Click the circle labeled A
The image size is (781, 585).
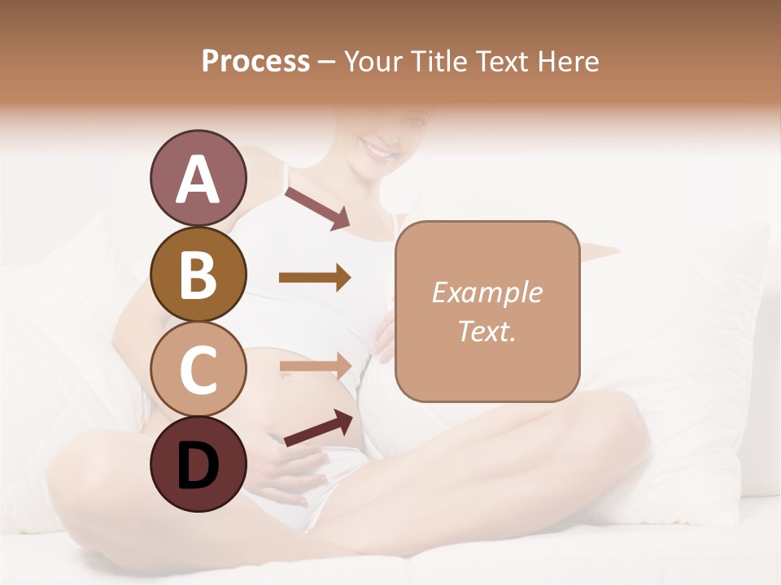(198, 178)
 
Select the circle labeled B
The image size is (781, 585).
(198, 275)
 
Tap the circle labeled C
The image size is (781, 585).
(198, 369)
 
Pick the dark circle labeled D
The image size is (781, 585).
(198, 464)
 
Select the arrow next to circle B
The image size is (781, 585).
(315, 278)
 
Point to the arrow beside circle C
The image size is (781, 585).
(315, 366)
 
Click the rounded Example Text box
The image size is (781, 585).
(487, 311)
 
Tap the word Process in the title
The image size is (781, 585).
(255, 61)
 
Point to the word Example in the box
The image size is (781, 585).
(486, 292)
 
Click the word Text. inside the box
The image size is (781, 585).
(486, 331)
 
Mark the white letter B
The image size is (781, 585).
(198, 275)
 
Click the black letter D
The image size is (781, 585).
(198, 465)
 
